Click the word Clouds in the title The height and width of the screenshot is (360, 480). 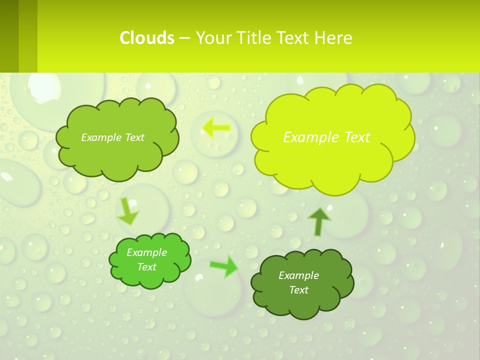[147, 38]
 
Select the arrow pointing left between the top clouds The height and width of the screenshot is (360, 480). [216, 128]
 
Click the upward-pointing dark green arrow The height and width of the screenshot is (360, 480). [319, 221]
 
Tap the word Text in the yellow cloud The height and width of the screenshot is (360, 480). [356, 137]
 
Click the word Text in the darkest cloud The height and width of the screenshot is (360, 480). [298, 290]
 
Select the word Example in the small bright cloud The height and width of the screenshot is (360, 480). [147, 252]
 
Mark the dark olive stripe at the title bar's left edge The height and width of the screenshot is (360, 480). [9, 36]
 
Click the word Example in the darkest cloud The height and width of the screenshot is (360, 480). [298, 275]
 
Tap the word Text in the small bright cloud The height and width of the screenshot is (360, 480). [147, 267]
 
